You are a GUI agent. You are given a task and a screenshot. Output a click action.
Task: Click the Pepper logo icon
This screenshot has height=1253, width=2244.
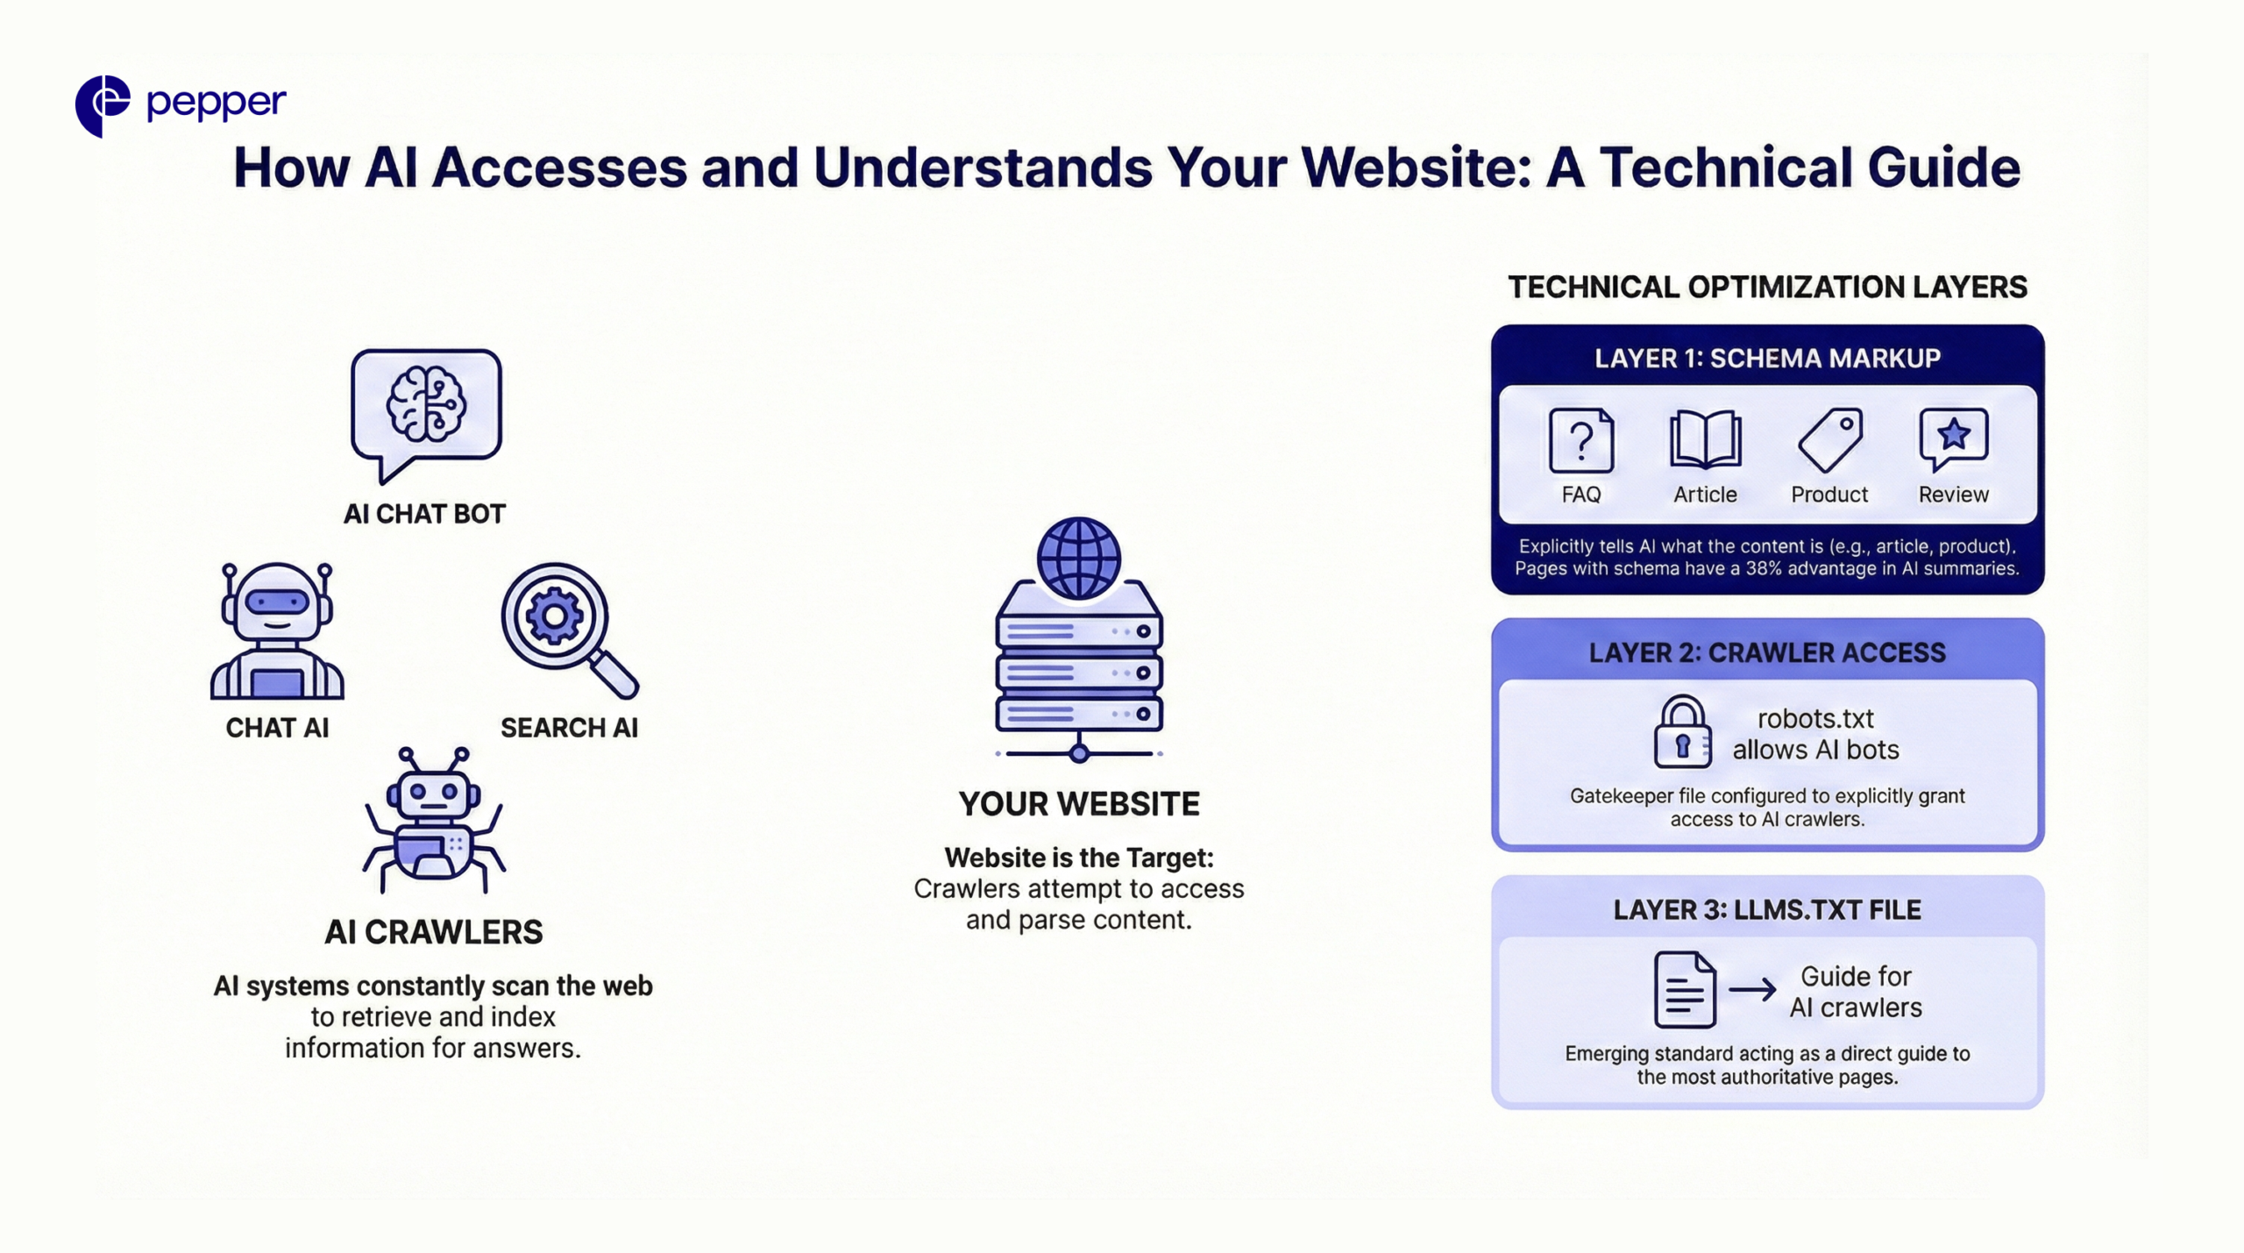pyautogui.click(x=103, y=105)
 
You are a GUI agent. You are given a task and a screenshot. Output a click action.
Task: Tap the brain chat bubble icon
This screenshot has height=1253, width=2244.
pyautogui.click(x=426, y=409)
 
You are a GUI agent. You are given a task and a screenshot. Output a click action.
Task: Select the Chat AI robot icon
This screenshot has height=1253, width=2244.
pyautogui.click(x=277, y=630)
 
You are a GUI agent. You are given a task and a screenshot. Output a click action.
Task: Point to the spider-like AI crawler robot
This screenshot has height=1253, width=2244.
pyautogui.click(x=434, y=819)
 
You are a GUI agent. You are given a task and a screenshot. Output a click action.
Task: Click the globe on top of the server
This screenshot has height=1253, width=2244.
pyautogui.click(x=1078, y=558)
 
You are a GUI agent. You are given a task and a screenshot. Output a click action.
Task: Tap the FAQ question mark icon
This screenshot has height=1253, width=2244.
pyautogui.click(x=1580, y=440)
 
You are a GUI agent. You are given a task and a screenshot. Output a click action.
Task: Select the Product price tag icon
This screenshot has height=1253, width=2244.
pyautogui.click(x=1830, y=440)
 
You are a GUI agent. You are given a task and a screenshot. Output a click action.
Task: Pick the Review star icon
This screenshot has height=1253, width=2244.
pyautogui.click(x=1953, y=438)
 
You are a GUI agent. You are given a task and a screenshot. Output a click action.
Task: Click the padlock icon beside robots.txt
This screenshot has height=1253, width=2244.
pyautogui.click(x=1682, y=732)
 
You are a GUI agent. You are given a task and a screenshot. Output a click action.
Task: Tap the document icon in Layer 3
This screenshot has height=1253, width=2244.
pyautogui.click(x=1684, y=990)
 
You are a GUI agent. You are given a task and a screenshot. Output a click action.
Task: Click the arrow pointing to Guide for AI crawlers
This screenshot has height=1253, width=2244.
pyautogui.click(x=1752, y=990)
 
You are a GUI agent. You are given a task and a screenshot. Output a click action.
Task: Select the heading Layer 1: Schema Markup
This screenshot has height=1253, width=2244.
pyautogui.click(x=1767, y=358)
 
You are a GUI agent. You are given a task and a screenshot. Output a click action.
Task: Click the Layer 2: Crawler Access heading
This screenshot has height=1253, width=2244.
pyautogui.click(x=1767, y=652)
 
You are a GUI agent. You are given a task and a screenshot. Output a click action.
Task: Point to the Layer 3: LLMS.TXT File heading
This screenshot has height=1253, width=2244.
pyautogui.click(x=1767, y=910)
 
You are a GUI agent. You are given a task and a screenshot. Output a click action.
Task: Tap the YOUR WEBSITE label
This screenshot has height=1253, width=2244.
pyautogui.click(x=1078, y=803)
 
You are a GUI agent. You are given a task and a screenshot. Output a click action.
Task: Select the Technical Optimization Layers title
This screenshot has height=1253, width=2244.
pyautogui.click(x=1767, y=287)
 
